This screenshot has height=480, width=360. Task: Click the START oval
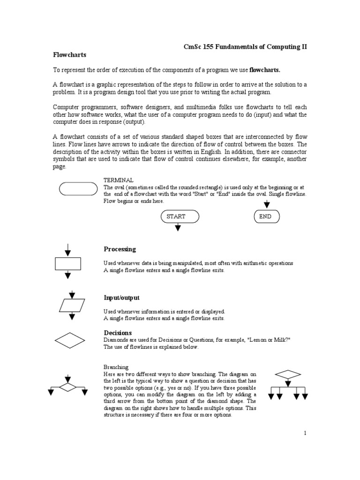click(180, 217)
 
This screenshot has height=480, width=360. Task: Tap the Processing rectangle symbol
click(68, 264)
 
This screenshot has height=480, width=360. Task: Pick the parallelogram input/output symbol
click(72, 305)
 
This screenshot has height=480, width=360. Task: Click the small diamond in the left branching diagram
click(68, 387)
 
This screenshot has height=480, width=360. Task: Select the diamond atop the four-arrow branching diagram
click(287, 374)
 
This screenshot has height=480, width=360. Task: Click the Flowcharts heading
click(69, 55)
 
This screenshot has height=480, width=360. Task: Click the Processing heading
click(120, 249)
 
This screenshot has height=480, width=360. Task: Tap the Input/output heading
click(121, 298)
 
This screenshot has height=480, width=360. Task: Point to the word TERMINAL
click(118, 180)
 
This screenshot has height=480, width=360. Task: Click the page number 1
click(305, 434)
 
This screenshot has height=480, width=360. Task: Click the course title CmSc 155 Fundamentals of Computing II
click(245, 47)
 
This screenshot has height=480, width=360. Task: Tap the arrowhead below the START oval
click(178, 228)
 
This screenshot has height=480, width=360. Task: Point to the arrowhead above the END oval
click(267, 204)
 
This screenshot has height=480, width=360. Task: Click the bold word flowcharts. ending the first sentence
click(264, 70)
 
